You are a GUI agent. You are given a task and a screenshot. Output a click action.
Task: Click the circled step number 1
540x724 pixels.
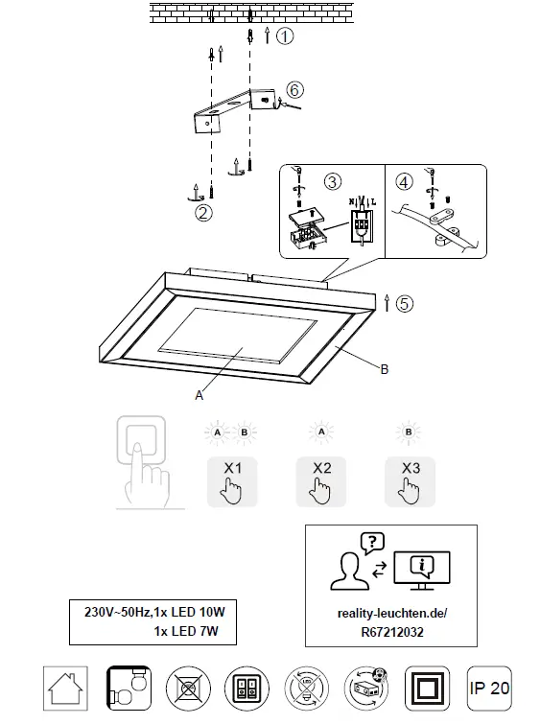click(285, 36)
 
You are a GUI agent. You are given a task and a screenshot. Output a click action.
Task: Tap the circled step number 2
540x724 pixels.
click(202, 213)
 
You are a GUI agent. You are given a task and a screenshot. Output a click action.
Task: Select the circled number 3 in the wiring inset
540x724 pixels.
click(333, 180)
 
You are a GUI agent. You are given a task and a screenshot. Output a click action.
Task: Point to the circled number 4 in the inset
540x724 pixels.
click(404, 180)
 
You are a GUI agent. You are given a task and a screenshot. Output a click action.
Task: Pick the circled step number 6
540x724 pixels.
click(294, 89)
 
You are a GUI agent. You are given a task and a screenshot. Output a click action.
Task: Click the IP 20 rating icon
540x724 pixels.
click(490, 688)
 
